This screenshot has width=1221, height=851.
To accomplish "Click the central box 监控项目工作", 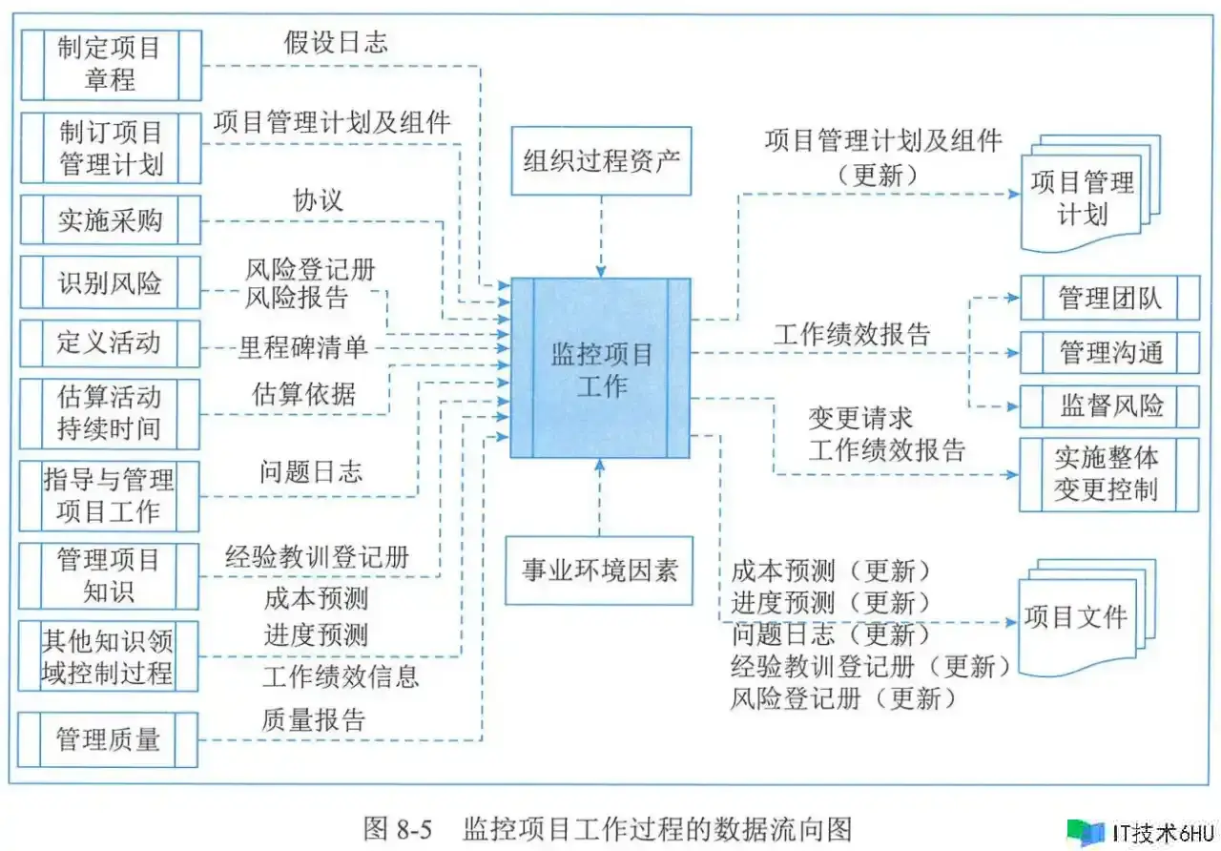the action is [601, 368].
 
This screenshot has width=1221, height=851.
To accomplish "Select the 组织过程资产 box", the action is [601, 161].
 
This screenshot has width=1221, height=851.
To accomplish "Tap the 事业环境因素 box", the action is [599, 571].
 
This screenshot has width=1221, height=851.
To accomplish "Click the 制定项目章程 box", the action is [112, 66].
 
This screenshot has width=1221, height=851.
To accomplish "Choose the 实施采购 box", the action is [111, 220].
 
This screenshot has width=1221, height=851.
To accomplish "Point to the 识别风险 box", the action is [110, 283].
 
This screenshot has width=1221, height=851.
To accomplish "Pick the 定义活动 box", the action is [110, 343].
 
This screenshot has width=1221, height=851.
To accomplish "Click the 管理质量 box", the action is [108, 739].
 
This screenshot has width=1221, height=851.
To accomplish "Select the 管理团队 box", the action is [1110, 298].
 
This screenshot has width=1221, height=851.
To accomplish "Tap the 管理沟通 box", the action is [1110, 353].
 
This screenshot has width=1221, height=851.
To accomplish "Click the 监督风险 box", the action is [1109, 406].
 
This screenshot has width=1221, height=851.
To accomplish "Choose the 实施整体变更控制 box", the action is [1109, 475].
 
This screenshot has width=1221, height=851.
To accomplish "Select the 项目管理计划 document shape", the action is [1090, 194].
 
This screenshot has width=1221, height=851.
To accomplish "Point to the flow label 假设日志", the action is [336, 43].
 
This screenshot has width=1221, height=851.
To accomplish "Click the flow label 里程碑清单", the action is [303, 348].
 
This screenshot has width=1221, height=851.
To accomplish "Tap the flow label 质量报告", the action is [313, 720].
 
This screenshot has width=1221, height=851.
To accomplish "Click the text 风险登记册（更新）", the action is [844, 698].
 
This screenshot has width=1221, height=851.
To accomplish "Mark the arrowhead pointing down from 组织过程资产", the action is [601, 272].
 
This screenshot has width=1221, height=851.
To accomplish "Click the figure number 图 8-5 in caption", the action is [398, 829].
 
